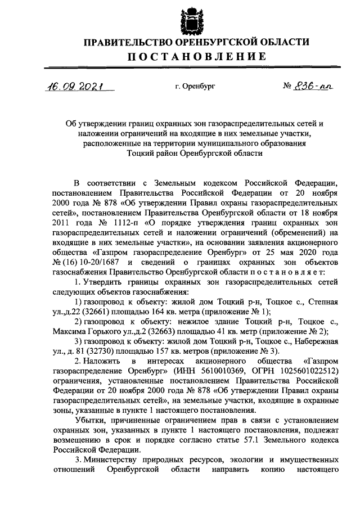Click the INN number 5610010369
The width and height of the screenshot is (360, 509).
tap(205, 370)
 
